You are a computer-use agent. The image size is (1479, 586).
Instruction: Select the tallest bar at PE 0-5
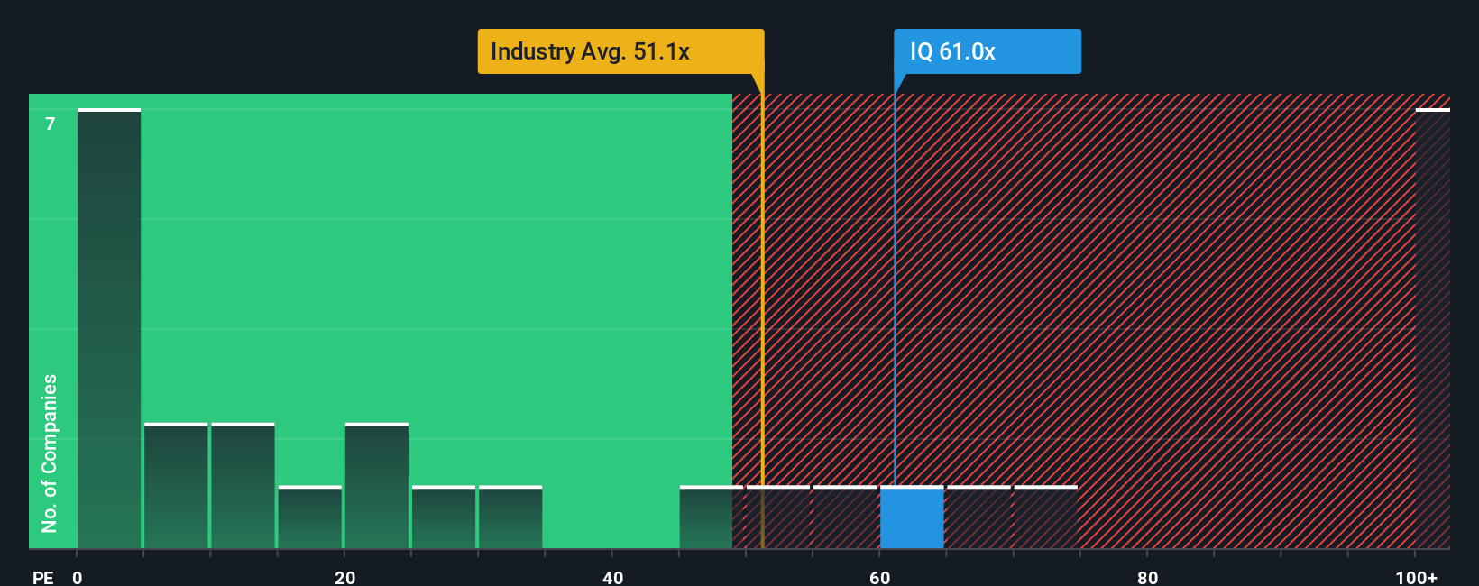point(109,329)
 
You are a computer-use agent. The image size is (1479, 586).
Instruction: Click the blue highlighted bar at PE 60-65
point(912,517)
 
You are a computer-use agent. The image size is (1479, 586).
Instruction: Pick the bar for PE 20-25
point(377,486)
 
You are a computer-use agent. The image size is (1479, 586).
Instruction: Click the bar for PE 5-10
point(176,486)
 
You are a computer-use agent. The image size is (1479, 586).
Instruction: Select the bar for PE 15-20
point(310,517)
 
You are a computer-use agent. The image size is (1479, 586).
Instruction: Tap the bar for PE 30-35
point(510,517)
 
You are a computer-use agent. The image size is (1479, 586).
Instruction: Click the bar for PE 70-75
point(1046,517)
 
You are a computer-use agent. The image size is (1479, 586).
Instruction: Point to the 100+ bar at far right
point(1432,329)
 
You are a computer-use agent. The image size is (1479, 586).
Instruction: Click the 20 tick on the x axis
point(345,577)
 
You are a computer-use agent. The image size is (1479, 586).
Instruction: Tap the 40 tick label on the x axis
point(613,577)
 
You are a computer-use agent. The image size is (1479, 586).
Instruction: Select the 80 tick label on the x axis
point(1147,577)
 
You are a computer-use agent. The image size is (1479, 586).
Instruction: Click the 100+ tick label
point(1416,577)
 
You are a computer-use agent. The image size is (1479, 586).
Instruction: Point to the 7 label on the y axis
point(51,124)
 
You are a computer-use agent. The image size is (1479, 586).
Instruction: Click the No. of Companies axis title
point(50,453)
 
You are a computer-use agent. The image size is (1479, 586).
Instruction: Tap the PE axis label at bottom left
point(42,577)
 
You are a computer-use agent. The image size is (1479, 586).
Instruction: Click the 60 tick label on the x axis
point(880,577)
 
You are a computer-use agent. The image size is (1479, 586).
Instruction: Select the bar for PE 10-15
point(243,486)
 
